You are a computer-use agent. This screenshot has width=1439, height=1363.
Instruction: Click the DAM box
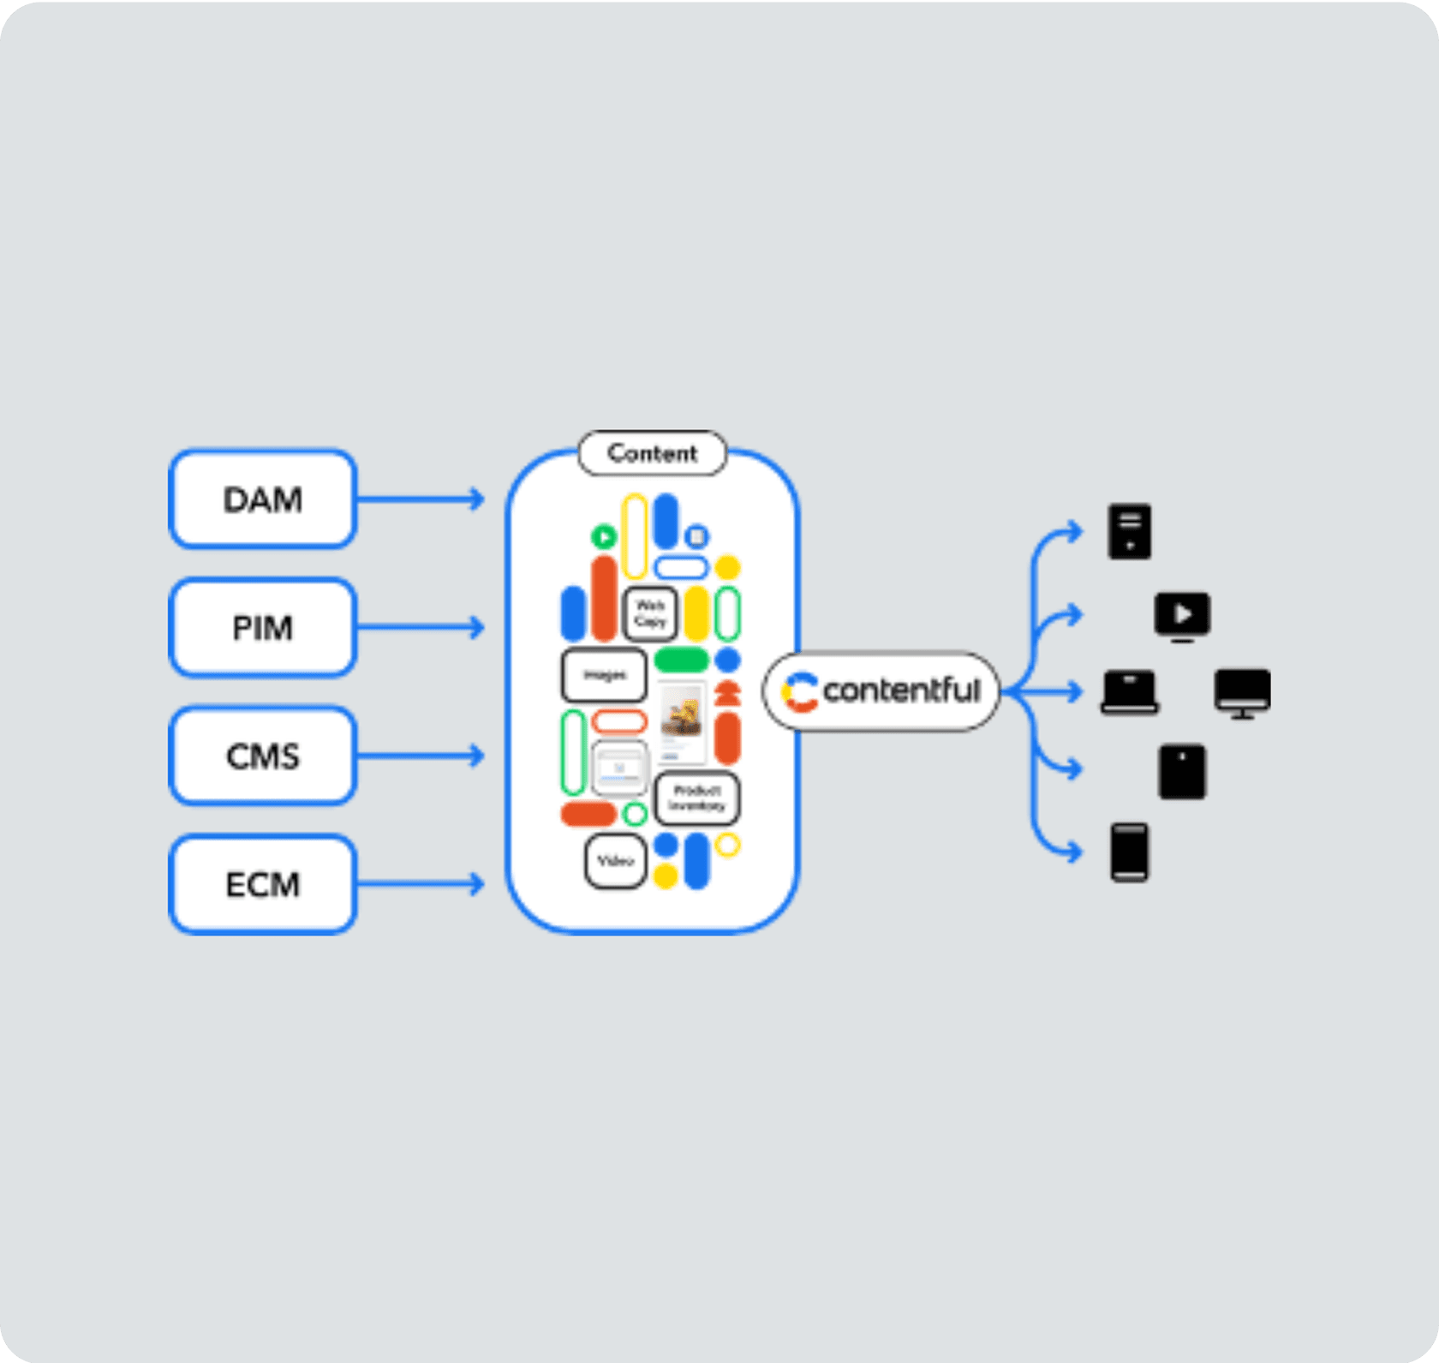point(262,499)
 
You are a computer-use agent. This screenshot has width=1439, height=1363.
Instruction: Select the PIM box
point(262,628)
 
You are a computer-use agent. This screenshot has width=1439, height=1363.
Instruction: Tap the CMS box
point(262,756)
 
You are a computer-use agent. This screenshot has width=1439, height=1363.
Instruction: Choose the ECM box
point(262,884)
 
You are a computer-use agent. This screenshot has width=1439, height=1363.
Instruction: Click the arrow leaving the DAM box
point(420,499)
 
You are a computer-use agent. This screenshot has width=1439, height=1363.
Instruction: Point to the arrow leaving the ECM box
point(420,883)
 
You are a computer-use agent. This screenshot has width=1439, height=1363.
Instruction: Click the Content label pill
point(652,453)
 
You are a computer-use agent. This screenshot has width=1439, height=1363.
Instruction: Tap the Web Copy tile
point(650,613)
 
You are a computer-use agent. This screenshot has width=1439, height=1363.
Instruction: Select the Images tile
point(605,675)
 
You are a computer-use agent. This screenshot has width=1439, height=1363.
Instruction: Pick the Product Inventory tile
point(696,798)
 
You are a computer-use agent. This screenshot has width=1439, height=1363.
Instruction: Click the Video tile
point(615,861)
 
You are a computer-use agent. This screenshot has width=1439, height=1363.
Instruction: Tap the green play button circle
point(604,537)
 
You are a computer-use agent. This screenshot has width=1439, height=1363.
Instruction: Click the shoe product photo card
point(682,721)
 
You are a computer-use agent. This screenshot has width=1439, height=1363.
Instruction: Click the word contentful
point(901,690)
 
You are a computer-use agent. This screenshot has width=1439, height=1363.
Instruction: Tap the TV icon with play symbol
point(1182,616)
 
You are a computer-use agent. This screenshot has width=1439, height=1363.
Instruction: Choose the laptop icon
point(1129,692)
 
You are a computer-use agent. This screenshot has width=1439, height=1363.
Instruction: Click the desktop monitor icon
point(1242,693)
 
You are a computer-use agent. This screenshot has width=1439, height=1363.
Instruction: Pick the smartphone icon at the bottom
point(1129,852)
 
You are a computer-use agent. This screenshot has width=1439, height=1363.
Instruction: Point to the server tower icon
point(1129,532)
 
